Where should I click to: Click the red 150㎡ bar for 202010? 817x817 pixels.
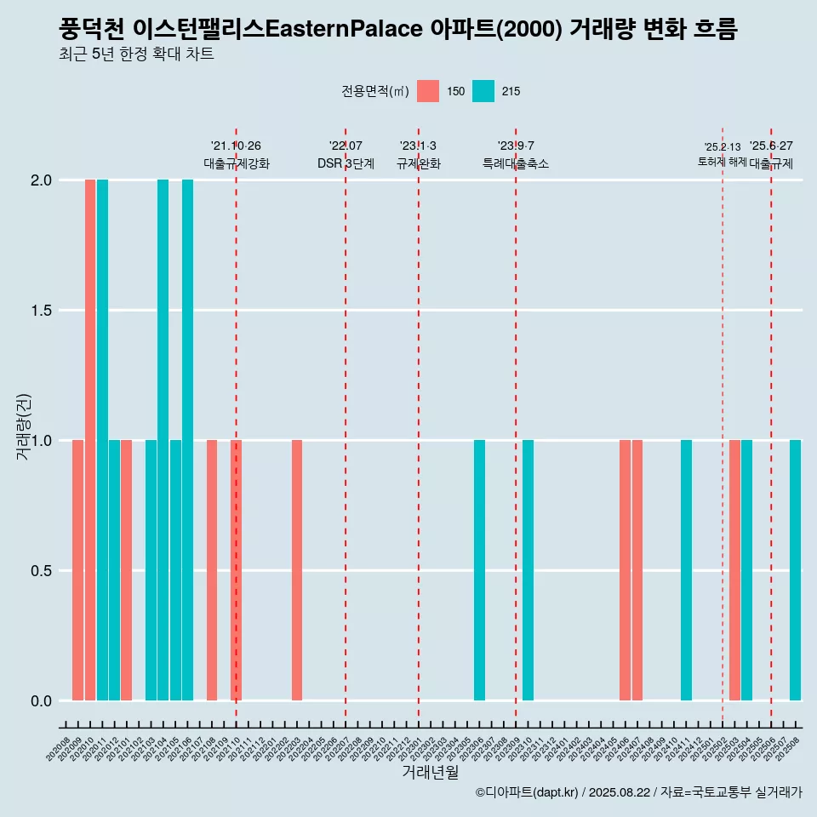pyautogui.click(x=90, y=440)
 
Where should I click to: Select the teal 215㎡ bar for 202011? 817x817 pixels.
pyautogui.click(x=102, y=440)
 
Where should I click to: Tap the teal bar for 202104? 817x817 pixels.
pyautogui.click(x=163, y=440)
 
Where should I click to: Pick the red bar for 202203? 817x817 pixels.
pyautogui.click(x=297, y=570)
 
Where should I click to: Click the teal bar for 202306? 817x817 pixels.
pyautogui.click(x=479, y=570)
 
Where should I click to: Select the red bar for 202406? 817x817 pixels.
pyautogui.click(x=625, y=570)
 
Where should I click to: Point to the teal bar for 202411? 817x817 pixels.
pyautogui.click(x=686, y=570)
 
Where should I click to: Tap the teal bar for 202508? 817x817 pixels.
pyautogui.click(x=795, y=570)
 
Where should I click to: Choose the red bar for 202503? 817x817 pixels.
pyautogui.click(x=734, y=570)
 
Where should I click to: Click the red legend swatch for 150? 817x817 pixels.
pyautogui.click(x=428, y=91)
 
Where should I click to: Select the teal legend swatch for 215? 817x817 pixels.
pyautogui.click(x=483, y=91)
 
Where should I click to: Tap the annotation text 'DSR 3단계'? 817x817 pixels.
pyautogui.click(x=346, y=163)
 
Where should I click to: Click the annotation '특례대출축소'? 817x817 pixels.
pyautogui.click(x=516, y=163)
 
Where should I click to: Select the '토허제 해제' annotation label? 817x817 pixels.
pyautogui.click(x=722, y=162)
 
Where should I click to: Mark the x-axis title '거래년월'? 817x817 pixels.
pyautogui.click(x=430, y=772)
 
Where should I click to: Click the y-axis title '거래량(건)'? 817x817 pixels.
pyautogui.click(x=24, y=427)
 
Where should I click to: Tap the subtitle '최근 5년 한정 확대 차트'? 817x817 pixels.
pyautogui.click(x=136, y=54)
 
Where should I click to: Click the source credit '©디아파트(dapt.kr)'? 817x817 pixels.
pyautogui.click(x=527, y=792)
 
